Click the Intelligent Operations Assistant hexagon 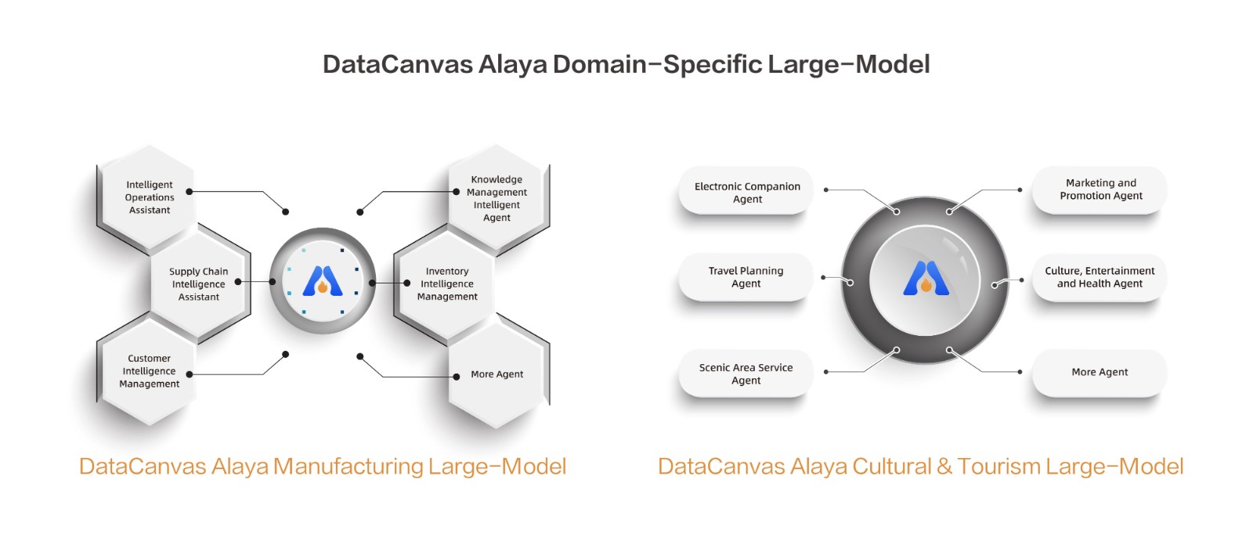tap(149, 197)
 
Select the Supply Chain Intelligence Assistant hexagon tap(198, 284)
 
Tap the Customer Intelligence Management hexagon tap(149, 371)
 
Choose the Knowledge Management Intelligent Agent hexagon tap(497, 198)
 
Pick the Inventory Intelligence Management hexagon tap(447, 284)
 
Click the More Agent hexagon tap(497, 374)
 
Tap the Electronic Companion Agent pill tap(746, 193)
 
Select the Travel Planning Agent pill tap(746, 277)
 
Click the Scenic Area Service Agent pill tap(746, 373)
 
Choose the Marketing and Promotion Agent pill tap(1100, 189)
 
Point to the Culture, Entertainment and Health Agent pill tap(1100, 277)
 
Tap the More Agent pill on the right tap(1100, 372)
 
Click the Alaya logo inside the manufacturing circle tap(323, 280)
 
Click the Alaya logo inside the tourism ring tap(926, 277)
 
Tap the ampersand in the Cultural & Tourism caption tap(944, 467)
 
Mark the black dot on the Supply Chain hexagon tap(238, 282)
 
